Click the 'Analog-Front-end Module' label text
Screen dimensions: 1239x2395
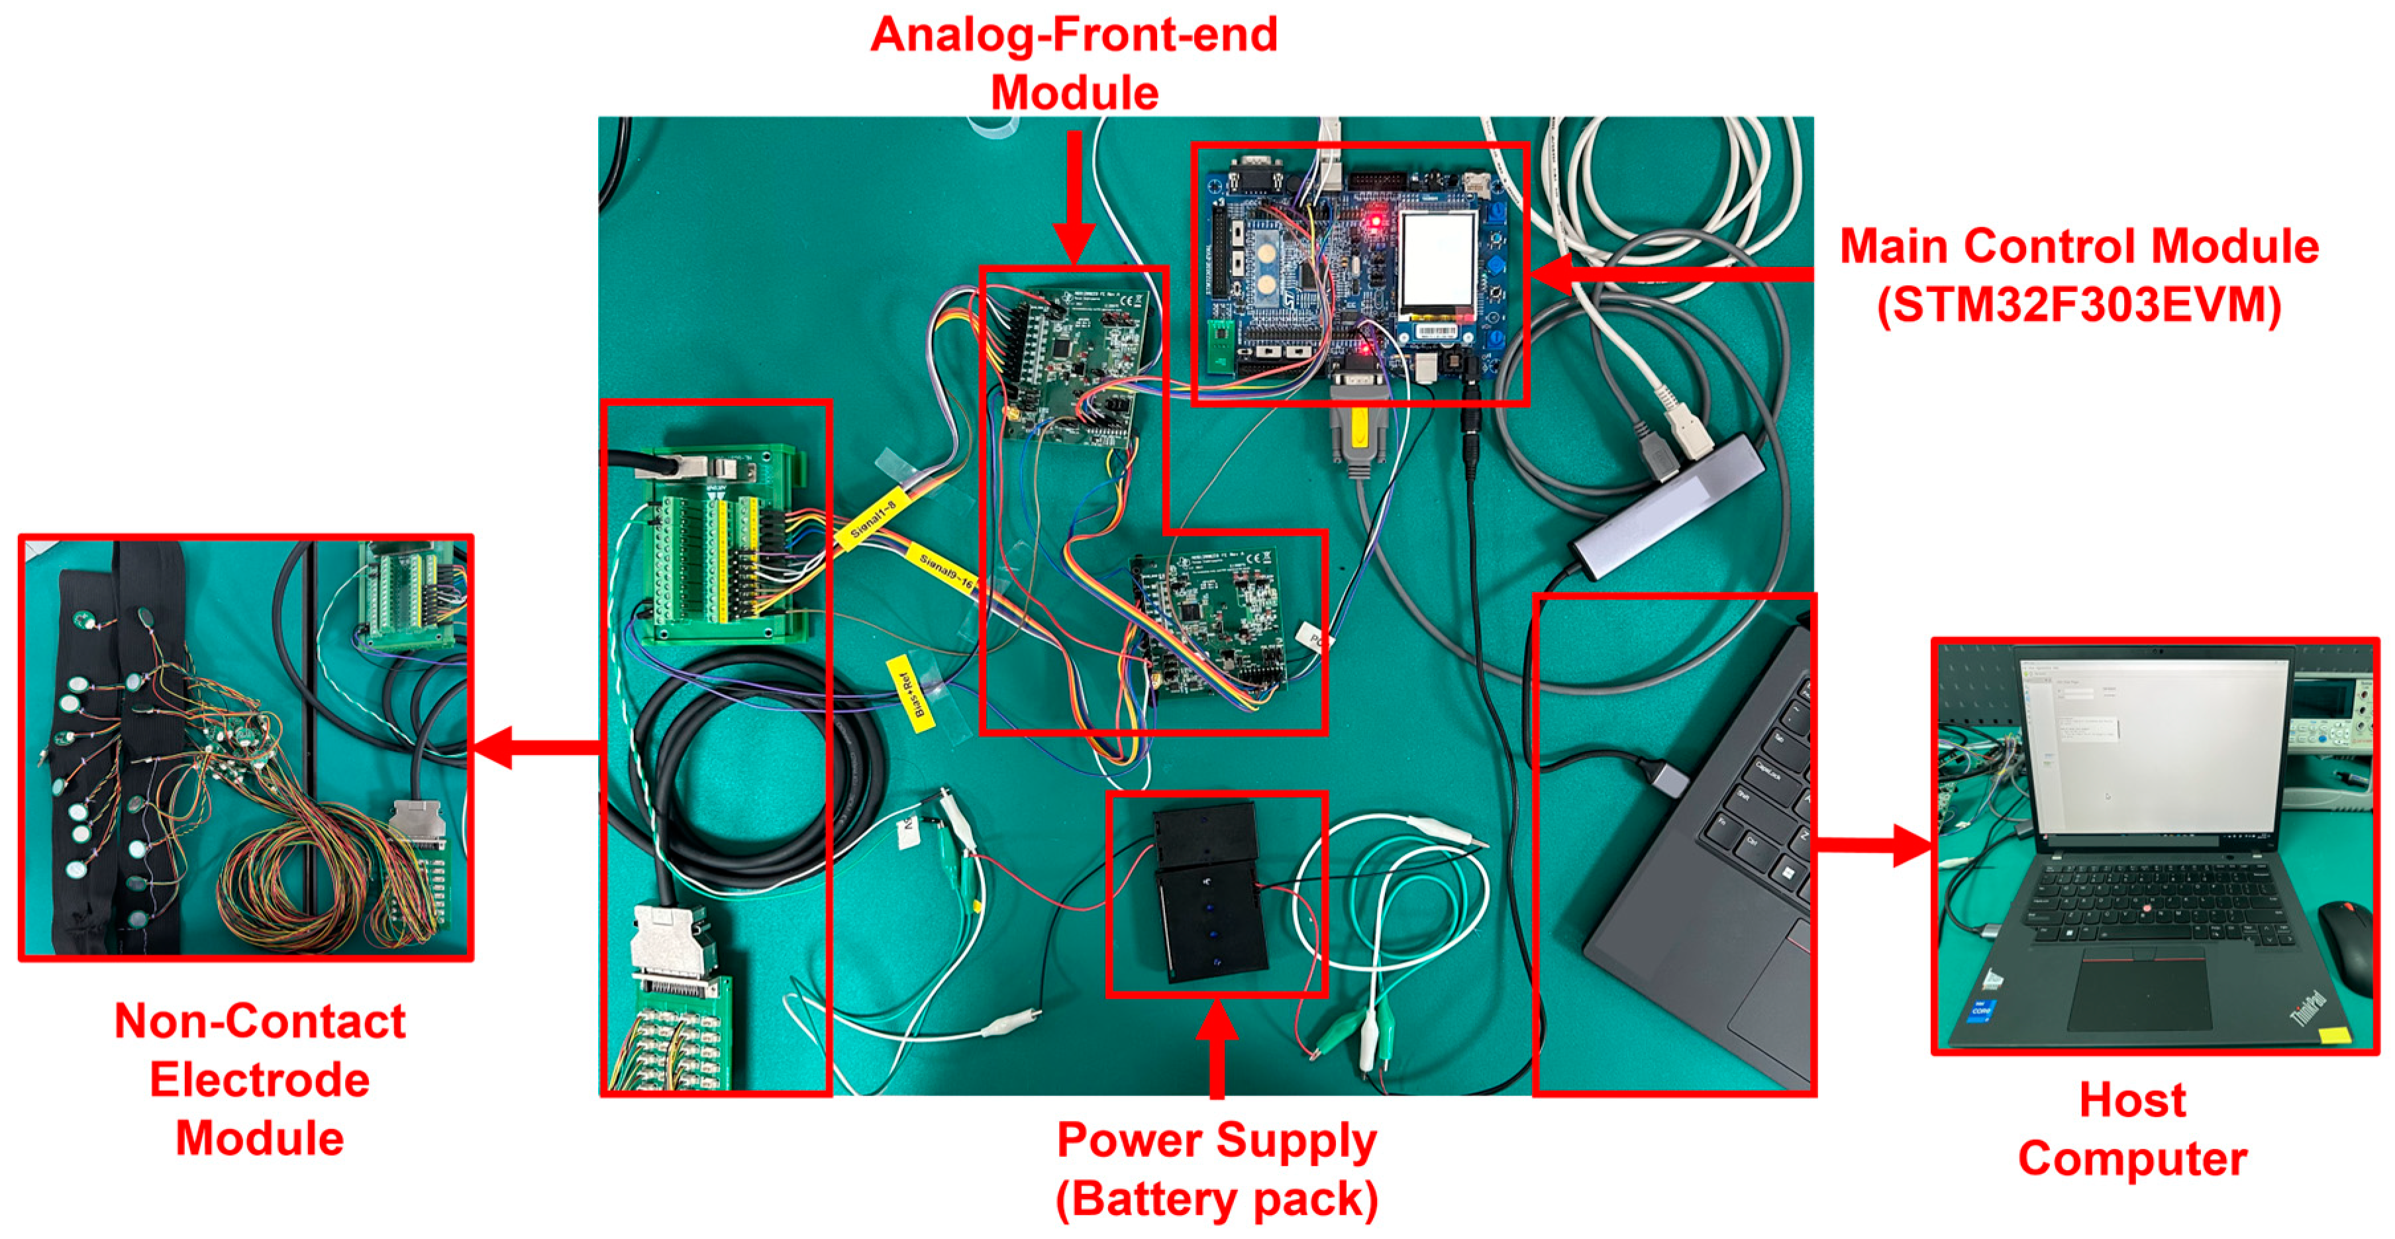pos(1074,63)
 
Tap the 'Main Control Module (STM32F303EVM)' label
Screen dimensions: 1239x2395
pos(2079,276)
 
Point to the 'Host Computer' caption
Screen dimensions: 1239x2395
pos(2132,1129)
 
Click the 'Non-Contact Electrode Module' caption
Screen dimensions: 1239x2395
pos(260,1079)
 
